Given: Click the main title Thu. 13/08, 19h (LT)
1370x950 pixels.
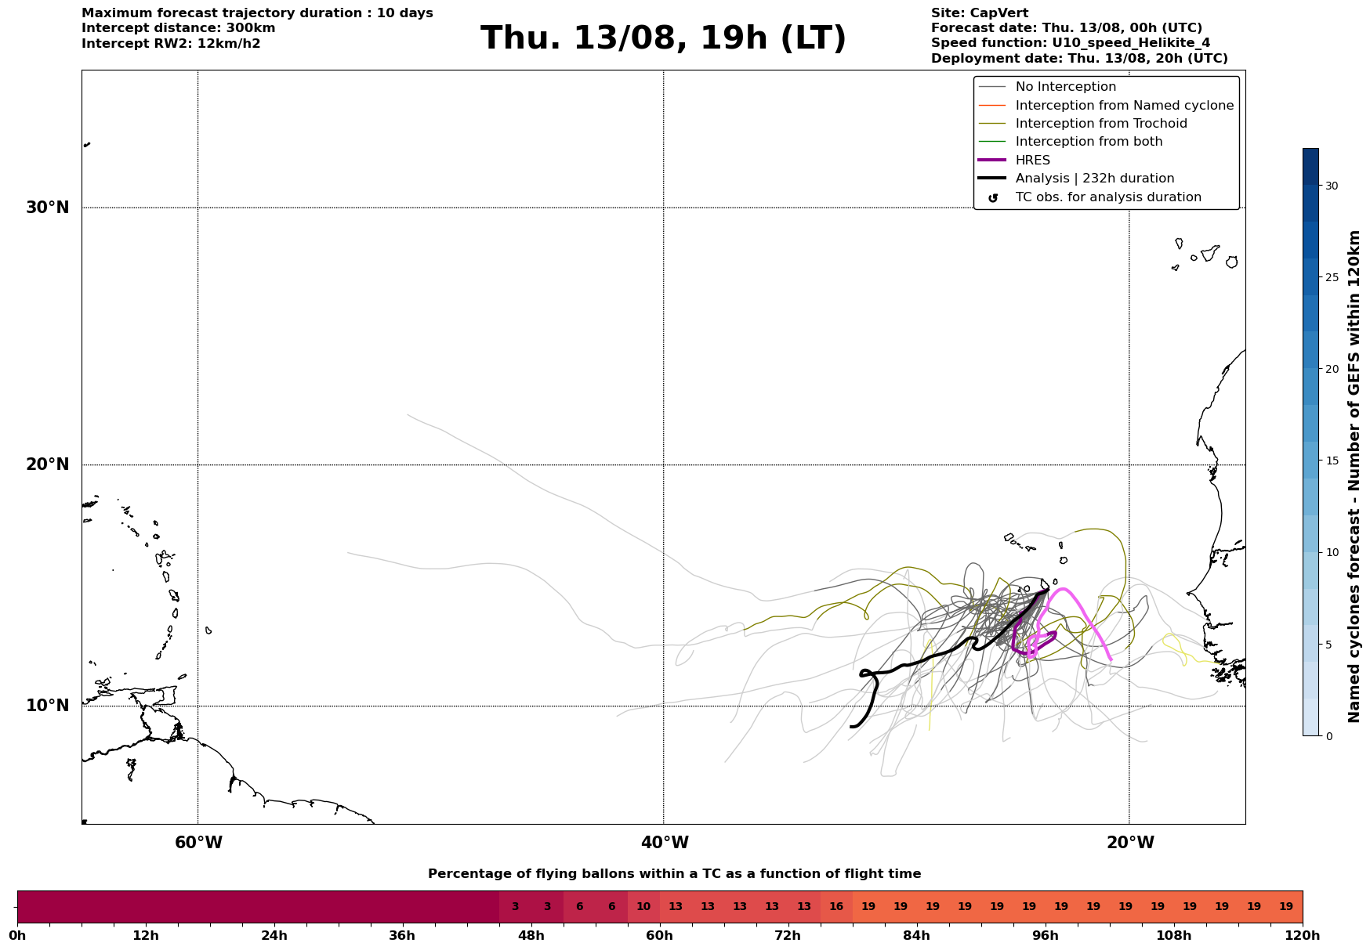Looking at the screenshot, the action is click(x=663, y=38).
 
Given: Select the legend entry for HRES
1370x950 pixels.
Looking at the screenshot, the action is click(x=1032, y=161).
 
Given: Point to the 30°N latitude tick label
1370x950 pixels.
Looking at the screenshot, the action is click(x=48, y=208).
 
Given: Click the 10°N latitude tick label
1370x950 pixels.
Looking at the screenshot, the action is click(x=48, y=706).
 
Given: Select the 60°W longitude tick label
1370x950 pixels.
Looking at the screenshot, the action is click(x=198, y=843).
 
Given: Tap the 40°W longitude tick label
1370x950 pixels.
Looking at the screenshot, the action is click(x=665, y=843).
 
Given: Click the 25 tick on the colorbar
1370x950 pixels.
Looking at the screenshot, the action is click(x=1332, y=277).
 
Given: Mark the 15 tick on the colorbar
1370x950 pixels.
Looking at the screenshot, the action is click(x=1332, y=461).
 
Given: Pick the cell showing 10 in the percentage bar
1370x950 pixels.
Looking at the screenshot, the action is click(x=643, y=907).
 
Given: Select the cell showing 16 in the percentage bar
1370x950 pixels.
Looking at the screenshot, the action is click(x=836, y=907).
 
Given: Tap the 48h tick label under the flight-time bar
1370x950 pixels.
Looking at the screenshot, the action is click(x=531, y=936).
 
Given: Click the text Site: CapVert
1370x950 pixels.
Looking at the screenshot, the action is click(x=980, y=13).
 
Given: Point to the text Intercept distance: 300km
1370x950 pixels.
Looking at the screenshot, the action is click(x=179, y=28).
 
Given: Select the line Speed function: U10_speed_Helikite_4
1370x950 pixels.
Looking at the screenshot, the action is click(x=1071, y=43).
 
